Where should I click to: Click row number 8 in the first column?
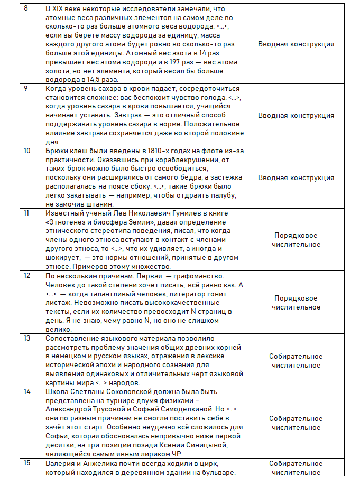[26, 9]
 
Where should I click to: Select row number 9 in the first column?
[26, 88]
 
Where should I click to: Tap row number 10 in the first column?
[28, 151]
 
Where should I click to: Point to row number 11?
[27, 213]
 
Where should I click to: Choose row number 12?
[28, 276]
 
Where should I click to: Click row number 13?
[28, 338]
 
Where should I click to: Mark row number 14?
[28, 392]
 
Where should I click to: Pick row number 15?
[28, 463]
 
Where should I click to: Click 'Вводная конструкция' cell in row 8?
[296, 44]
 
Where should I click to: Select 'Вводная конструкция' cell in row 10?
[296, 177]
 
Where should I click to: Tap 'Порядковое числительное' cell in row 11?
[296, 240]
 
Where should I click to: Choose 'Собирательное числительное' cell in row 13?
[296, 361]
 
